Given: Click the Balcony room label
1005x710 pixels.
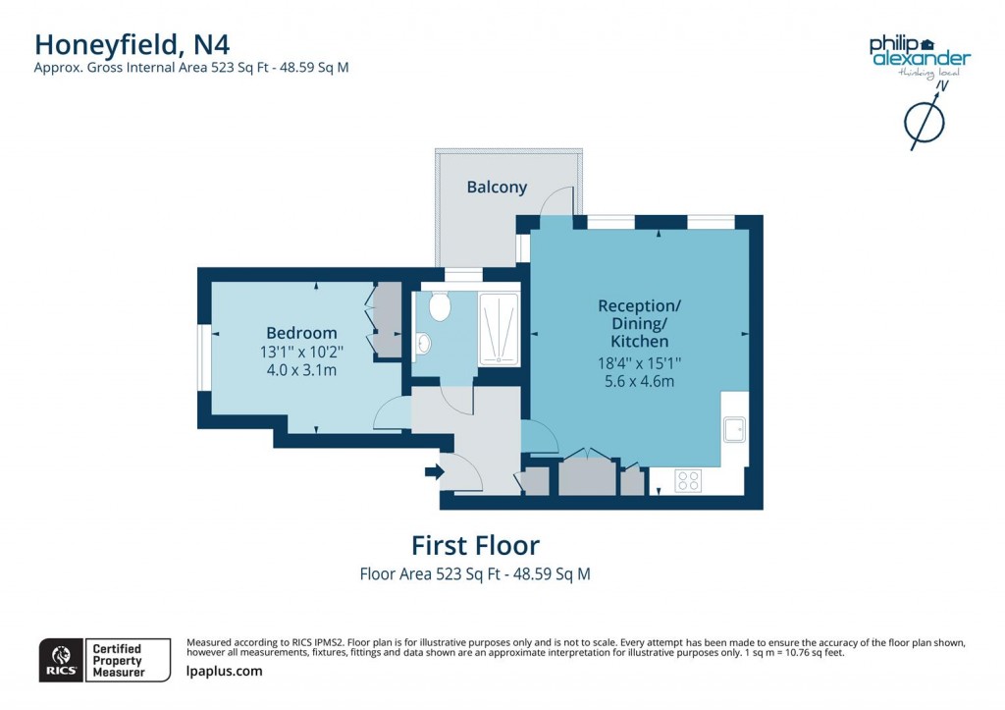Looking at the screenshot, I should coord(497,187).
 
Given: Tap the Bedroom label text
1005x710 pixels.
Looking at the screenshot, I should coord(301,333).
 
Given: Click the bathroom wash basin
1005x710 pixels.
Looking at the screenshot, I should coord(423,344).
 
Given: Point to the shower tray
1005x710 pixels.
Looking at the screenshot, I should coord(499,329).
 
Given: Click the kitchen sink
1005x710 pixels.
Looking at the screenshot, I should coord(733,429).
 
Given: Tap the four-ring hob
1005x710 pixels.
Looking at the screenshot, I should coord(688,480).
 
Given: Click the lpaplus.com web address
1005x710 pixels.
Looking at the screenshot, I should coord(224,671).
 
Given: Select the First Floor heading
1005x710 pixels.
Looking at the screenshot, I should coord(475,544).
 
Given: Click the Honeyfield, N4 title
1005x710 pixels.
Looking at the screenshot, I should coord(132,43).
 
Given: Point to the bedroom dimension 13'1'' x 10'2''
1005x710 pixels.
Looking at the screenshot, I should coord(301,352).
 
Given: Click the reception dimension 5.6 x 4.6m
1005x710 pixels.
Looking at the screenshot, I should coord(639,381).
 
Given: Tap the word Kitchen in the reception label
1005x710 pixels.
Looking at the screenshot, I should coord(639,342).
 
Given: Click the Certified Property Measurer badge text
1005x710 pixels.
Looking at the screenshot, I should coord(117,660).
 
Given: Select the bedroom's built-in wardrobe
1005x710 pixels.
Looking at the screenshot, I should coord(387,319).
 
